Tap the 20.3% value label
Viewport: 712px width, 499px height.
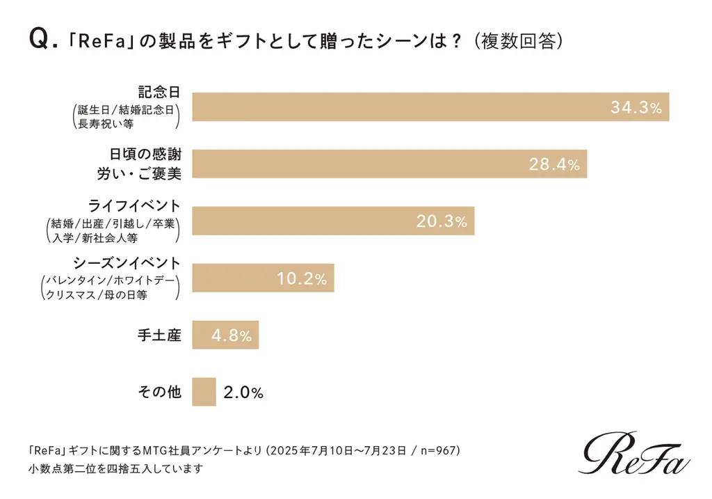(x=441, y=221)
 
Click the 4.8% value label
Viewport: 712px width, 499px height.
(x=231, y=335)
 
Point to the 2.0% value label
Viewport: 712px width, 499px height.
(x=243, y=392)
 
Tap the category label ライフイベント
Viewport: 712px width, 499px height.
(x=135, y=206)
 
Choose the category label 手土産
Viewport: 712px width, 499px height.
(x=159, y=335)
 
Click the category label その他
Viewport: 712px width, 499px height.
(x=159, y=392)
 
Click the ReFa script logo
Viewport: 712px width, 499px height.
(x=634, y=453)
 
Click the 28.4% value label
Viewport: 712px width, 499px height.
(x=554, y=164)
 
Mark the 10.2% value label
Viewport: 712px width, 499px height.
(x=301, y=278)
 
